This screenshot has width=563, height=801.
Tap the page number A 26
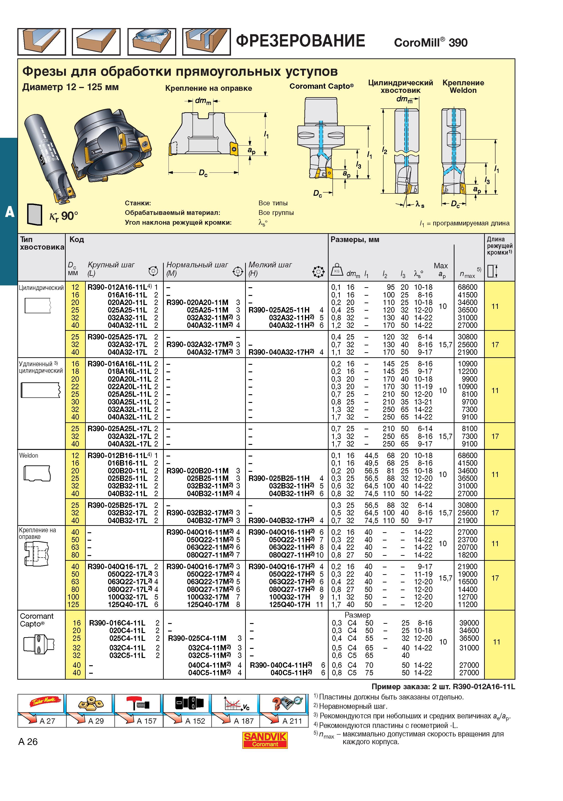coord(28,742)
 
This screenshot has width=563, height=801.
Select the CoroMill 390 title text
coord(431,42)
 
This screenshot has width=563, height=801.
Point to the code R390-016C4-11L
coord(117,623)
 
